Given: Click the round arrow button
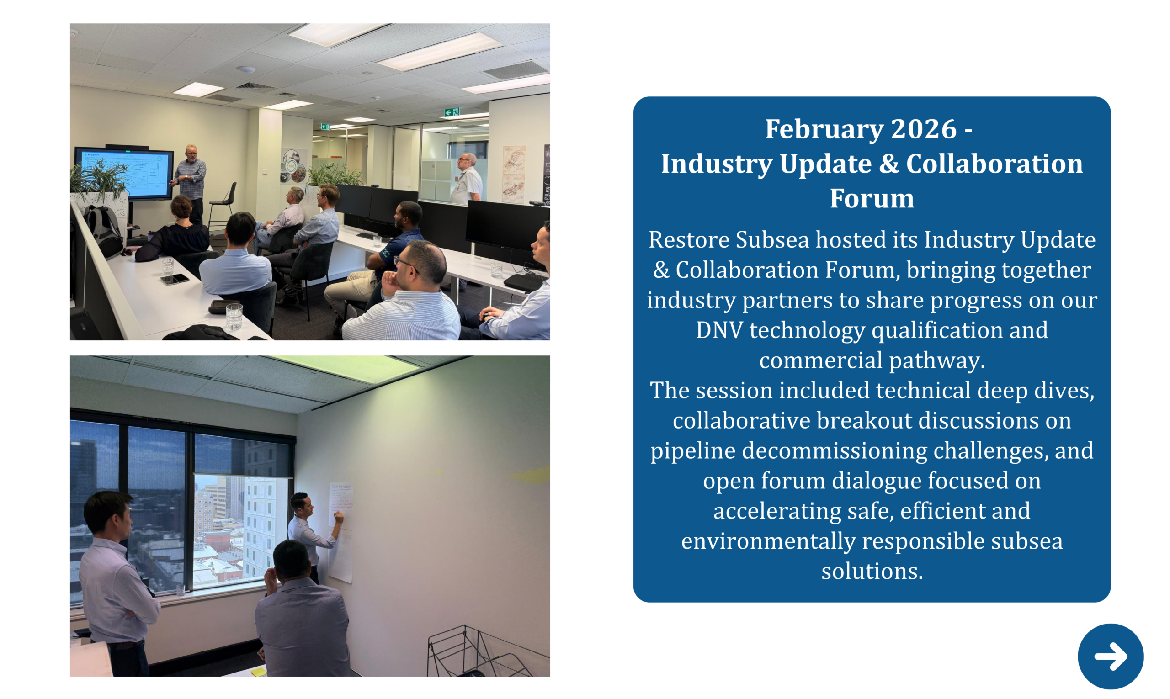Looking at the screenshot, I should [1110, 656].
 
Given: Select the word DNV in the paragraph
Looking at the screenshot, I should [719, 330].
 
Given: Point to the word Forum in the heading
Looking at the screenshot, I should [872, 198].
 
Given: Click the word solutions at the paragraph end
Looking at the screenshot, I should [872, 571].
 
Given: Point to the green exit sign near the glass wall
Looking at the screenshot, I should [451, 112].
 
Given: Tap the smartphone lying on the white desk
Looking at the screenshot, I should [174, 279].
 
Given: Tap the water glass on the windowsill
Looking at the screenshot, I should [181, 590].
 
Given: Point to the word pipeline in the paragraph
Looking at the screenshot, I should [693, 451].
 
